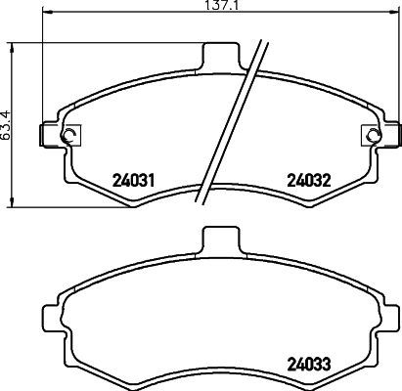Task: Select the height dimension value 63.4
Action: tap(7, 125)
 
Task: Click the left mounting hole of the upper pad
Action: tap(67, 136)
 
